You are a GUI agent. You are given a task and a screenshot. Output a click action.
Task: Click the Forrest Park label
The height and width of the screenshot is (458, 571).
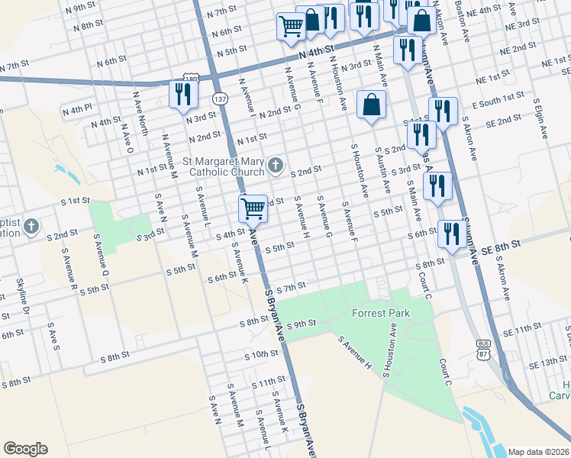[380, 313]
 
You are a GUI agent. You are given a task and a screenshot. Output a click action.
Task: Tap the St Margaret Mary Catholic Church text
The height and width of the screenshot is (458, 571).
[224, 167]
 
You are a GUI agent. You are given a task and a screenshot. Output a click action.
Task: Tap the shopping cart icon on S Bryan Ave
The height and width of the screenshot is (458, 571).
[253, 208]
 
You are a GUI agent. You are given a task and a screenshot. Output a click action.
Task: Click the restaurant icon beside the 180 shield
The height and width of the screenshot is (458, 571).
[182, 95]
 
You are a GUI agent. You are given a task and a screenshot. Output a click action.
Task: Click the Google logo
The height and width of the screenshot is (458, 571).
[25, 449]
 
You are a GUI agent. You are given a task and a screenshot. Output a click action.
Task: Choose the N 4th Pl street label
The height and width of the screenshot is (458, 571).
[77, 108]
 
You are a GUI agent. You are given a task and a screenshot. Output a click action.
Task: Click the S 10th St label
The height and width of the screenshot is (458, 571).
[262, 355]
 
